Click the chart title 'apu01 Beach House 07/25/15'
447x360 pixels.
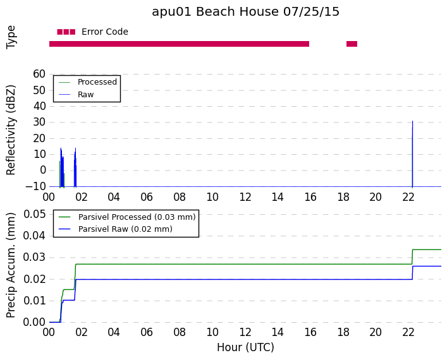[245, 12]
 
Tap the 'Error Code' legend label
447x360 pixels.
[104, 32]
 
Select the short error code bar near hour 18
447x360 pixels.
[352, 44]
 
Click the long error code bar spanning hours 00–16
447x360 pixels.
[179, 44]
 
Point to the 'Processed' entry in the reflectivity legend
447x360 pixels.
[97, 82]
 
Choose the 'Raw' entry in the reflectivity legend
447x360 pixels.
[85, 95]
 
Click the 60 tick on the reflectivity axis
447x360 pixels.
[39, 74]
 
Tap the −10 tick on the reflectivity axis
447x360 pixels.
[35, 186]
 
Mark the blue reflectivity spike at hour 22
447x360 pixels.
[412, 154]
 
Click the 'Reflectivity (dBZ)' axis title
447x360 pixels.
[11, 130]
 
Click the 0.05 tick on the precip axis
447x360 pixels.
[35, 214]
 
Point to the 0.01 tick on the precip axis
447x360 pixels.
[35, 301]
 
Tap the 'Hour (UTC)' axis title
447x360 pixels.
[245, 347]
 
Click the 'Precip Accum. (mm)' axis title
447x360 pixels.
[11, 265]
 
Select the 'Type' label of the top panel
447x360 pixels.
[11, 37]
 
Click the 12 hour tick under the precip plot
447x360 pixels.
[245, 332]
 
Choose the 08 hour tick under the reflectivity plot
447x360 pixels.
[180, 197]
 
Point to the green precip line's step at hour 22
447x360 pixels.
[412, 257]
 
